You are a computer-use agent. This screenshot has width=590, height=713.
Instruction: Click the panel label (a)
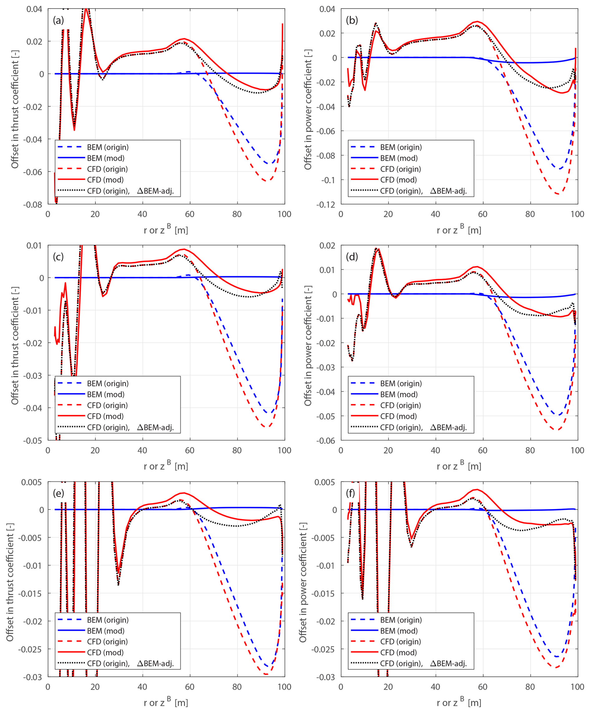point(58,20)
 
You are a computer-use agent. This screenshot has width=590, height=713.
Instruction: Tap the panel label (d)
point(352,257)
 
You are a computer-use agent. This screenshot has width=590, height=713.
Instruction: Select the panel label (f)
point(352,493)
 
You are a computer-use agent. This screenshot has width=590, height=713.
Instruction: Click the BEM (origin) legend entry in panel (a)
point(108,147)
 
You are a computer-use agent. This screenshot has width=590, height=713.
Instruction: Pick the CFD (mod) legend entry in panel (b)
point(398,180)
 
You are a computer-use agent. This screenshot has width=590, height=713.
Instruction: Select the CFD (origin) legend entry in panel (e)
point(107,642)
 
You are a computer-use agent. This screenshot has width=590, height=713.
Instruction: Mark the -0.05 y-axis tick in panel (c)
point(33,441)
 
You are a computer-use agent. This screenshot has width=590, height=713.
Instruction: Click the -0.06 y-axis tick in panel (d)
point(326,441)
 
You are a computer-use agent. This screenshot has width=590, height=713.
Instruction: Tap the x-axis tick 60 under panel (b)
point(483,214)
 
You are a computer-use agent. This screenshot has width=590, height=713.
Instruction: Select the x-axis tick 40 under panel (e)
point(143,687)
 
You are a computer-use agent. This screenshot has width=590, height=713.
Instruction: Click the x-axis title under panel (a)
point(166,230)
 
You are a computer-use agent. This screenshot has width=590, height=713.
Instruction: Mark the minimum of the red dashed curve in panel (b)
point(557,194)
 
